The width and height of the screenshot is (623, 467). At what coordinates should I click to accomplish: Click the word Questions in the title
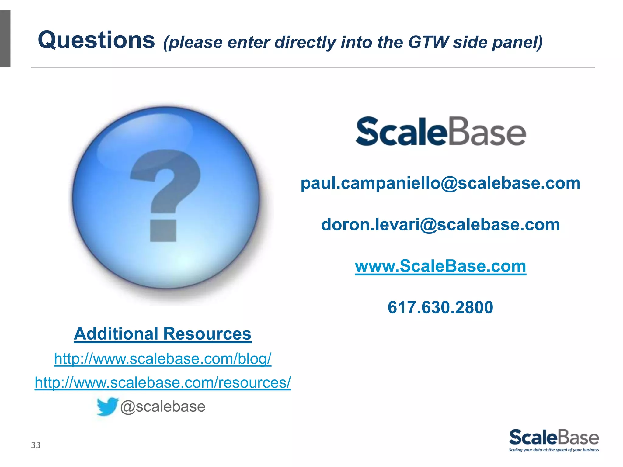pyautogui.click(x=96, y=40)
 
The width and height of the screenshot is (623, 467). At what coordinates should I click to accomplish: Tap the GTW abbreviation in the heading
pyautogui.click(x=428, y=42)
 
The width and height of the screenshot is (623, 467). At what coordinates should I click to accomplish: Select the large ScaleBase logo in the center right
pyautogui.click(x=441, y=131)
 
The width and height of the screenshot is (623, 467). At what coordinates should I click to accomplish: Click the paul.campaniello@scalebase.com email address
pyautogui.click(x=440, y=183)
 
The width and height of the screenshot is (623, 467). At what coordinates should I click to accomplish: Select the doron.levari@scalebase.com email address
pyautogui.click(x=440, y=225)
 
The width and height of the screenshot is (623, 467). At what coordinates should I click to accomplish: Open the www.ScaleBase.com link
pyautogui.click(x=440, y=266)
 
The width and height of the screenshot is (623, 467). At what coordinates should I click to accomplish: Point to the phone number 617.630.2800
pyautogui.click(x=440, y=307)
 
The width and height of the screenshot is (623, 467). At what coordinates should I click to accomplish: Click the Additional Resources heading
pyautogui.click(x=162, y=334)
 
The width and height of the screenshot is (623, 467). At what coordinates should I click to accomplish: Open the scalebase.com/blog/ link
pyautogui.click(x=162, y=359)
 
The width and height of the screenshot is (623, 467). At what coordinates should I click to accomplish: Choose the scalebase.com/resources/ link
pyautogui.click(x=162, y=382)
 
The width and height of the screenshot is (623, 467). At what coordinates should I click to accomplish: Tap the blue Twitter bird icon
pyautogui.click(x=107, y=406)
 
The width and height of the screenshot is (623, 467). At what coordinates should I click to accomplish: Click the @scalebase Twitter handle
pyautogui.click(x=163, y=407)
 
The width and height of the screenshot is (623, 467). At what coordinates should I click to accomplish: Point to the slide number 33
pyautogui.click(x=36, y=445)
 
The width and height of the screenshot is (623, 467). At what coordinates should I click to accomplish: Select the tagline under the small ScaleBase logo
pyautogui.click(x=554, y=450)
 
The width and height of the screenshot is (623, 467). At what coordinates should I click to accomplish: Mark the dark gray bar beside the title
pyautogui.click(x=5, y=39)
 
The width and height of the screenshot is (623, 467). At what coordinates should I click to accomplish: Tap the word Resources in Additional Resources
pyautogui.click(x=207, y=334)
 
